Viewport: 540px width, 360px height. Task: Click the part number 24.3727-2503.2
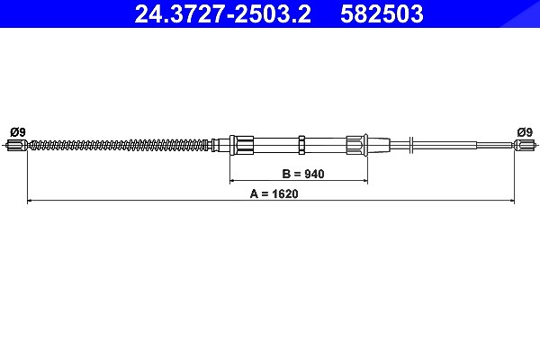223,14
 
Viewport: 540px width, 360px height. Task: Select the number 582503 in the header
382,14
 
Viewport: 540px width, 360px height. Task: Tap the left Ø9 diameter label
18,132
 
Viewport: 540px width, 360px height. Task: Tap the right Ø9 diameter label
525,132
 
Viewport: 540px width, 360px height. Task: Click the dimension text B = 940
303,174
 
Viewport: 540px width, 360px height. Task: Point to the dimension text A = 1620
274,193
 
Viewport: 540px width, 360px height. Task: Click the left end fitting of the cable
17,145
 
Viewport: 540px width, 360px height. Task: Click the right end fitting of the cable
526,145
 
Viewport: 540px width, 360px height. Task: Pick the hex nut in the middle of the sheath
301,145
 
